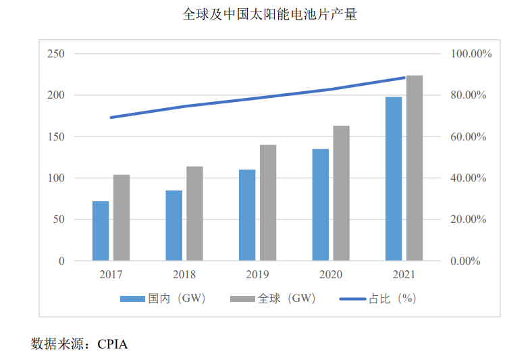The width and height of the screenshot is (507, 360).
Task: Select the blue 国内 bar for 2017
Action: tap(101, 231)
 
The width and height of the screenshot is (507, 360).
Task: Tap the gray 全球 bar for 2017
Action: tap(122, 217)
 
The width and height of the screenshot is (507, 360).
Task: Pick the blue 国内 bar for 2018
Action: tap(174, 226)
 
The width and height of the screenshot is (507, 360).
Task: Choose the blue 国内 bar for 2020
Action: tap(321, 205)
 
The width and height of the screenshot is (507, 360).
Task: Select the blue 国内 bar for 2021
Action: tap(394, 179)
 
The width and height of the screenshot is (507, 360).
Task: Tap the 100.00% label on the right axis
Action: tap(471, 54)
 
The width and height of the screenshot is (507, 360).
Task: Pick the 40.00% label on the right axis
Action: tap(469, 178)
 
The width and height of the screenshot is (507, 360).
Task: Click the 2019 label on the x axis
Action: tap(257, 275)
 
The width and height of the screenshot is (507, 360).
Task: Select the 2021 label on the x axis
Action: tap(404, 275)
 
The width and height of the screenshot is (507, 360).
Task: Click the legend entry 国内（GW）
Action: tap(163, 299)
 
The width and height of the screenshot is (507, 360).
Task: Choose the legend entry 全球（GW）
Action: tap(273, 299)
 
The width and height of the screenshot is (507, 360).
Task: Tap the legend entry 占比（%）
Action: tap(377, 299)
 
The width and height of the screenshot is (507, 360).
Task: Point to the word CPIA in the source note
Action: tap(112, 344)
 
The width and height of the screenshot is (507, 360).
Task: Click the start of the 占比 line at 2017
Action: tap(111, 118)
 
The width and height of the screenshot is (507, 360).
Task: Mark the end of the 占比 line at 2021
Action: tap(404, 78)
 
